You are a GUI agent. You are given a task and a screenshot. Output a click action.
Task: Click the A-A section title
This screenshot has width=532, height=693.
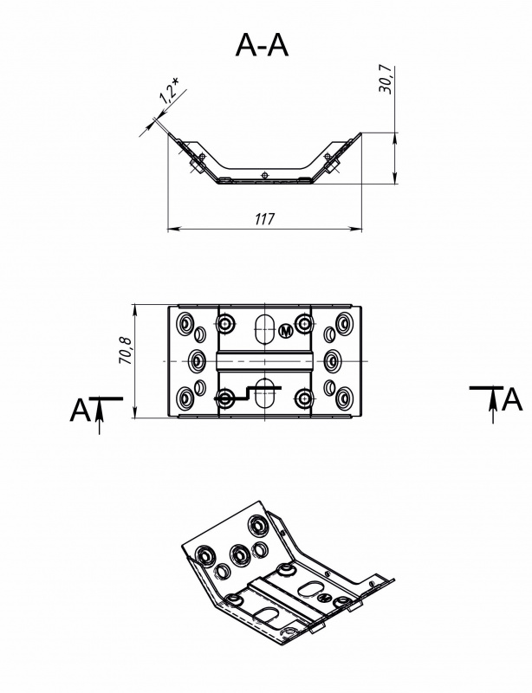click(x=262, y=45)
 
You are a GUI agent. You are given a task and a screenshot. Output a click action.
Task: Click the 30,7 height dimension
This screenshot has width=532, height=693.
click(x=386, y=80)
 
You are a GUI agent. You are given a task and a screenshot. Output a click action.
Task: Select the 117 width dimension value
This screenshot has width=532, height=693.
click(x=265, y=218)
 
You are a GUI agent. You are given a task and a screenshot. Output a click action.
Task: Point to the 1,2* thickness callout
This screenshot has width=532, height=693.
click(x=170, y=93)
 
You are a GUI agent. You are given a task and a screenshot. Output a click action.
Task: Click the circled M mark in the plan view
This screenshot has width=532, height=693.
click(x=287, y=331)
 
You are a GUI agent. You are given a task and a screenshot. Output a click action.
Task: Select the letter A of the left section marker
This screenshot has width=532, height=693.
click(x=80, y=410)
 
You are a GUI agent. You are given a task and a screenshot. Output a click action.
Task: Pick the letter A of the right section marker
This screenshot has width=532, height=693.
click(x=513, y=400)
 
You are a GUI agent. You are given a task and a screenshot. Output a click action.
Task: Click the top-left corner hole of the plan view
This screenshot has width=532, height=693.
click(x=185, y=321)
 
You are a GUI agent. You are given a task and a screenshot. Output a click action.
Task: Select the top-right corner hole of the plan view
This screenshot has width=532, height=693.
click(x=344, y=321)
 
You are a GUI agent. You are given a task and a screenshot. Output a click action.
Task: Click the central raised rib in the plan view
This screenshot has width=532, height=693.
click(x=265, y=361)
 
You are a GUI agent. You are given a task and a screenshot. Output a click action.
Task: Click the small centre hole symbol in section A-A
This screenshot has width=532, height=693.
click(x=264, y=175)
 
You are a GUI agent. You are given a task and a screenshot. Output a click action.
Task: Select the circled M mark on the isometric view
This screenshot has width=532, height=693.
click(x=324, y=597)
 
